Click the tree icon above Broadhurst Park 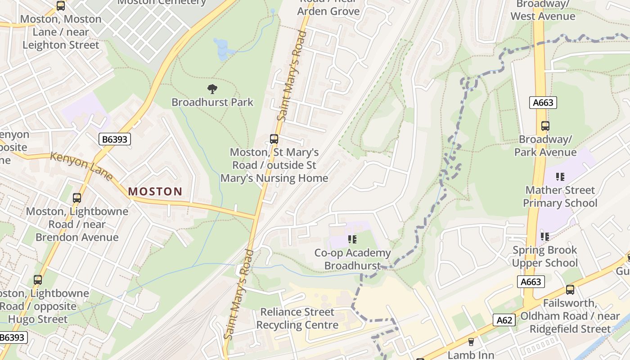[x=212, y=89]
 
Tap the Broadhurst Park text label [x=212, y=102]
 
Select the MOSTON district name [x=155, y=192]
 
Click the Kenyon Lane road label [x=81, y=166]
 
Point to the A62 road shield [x=504, y=320]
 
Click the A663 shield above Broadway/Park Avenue [x=543, y=103]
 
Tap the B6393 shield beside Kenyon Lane [x=115, y=139]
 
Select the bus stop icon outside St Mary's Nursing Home [x=274, y=139]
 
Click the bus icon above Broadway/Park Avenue [x=545, y=126]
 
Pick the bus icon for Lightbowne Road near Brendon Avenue [x=77, y=198]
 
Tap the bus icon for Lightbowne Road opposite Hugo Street [x=38, y=280]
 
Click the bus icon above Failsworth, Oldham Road [x=570, y=290]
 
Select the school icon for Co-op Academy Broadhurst [x=352, y=239]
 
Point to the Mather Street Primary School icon [x=560, y=177]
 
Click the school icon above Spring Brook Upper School [x=545, y=236]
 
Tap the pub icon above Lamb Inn [x=471, y=342]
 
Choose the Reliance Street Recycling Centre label [x=297, y=318]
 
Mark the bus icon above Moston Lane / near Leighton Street [x=61, y=6]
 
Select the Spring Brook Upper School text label [x=545, y=256]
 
